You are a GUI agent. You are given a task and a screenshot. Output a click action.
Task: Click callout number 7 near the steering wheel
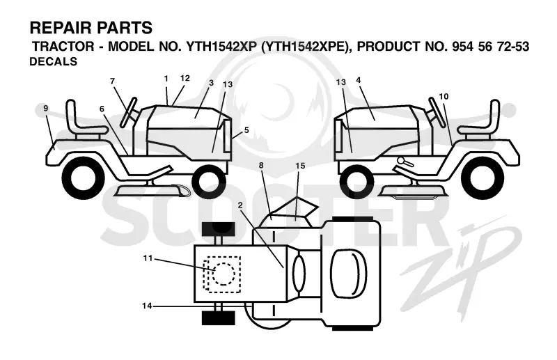click(113, 81)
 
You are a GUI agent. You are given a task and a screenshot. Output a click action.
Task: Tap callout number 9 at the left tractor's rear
click(45, 108)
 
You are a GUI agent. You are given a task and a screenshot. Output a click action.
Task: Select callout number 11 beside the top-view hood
click(148, 258)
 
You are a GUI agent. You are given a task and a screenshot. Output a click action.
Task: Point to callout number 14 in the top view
click(147, 306)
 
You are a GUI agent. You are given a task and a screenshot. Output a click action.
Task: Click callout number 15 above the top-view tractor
click(300, 166)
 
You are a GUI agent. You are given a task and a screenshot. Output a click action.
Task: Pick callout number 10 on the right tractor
click(444, 96)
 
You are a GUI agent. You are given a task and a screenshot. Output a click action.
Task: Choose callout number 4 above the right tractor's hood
click(359, 80)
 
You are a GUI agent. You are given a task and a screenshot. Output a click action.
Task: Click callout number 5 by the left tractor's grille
click(246, 130)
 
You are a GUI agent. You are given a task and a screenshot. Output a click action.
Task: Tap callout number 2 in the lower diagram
click(240, 205)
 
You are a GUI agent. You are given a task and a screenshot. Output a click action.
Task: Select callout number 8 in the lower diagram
click(262, 165)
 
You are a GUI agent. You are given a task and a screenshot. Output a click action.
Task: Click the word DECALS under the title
click(54, 61)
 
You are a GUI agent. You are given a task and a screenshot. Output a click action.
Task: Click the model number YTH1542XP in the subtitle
click(219, 47)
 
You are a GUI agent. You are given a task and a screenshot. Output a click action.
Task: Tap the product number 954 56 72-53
click(491, 47)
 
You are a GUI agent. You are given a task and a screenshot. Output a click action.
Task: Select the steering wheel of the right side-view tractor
click(437, 112)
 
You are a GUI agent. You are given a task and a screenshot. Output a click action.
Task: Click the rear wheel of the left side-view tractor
click(84, 177)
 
